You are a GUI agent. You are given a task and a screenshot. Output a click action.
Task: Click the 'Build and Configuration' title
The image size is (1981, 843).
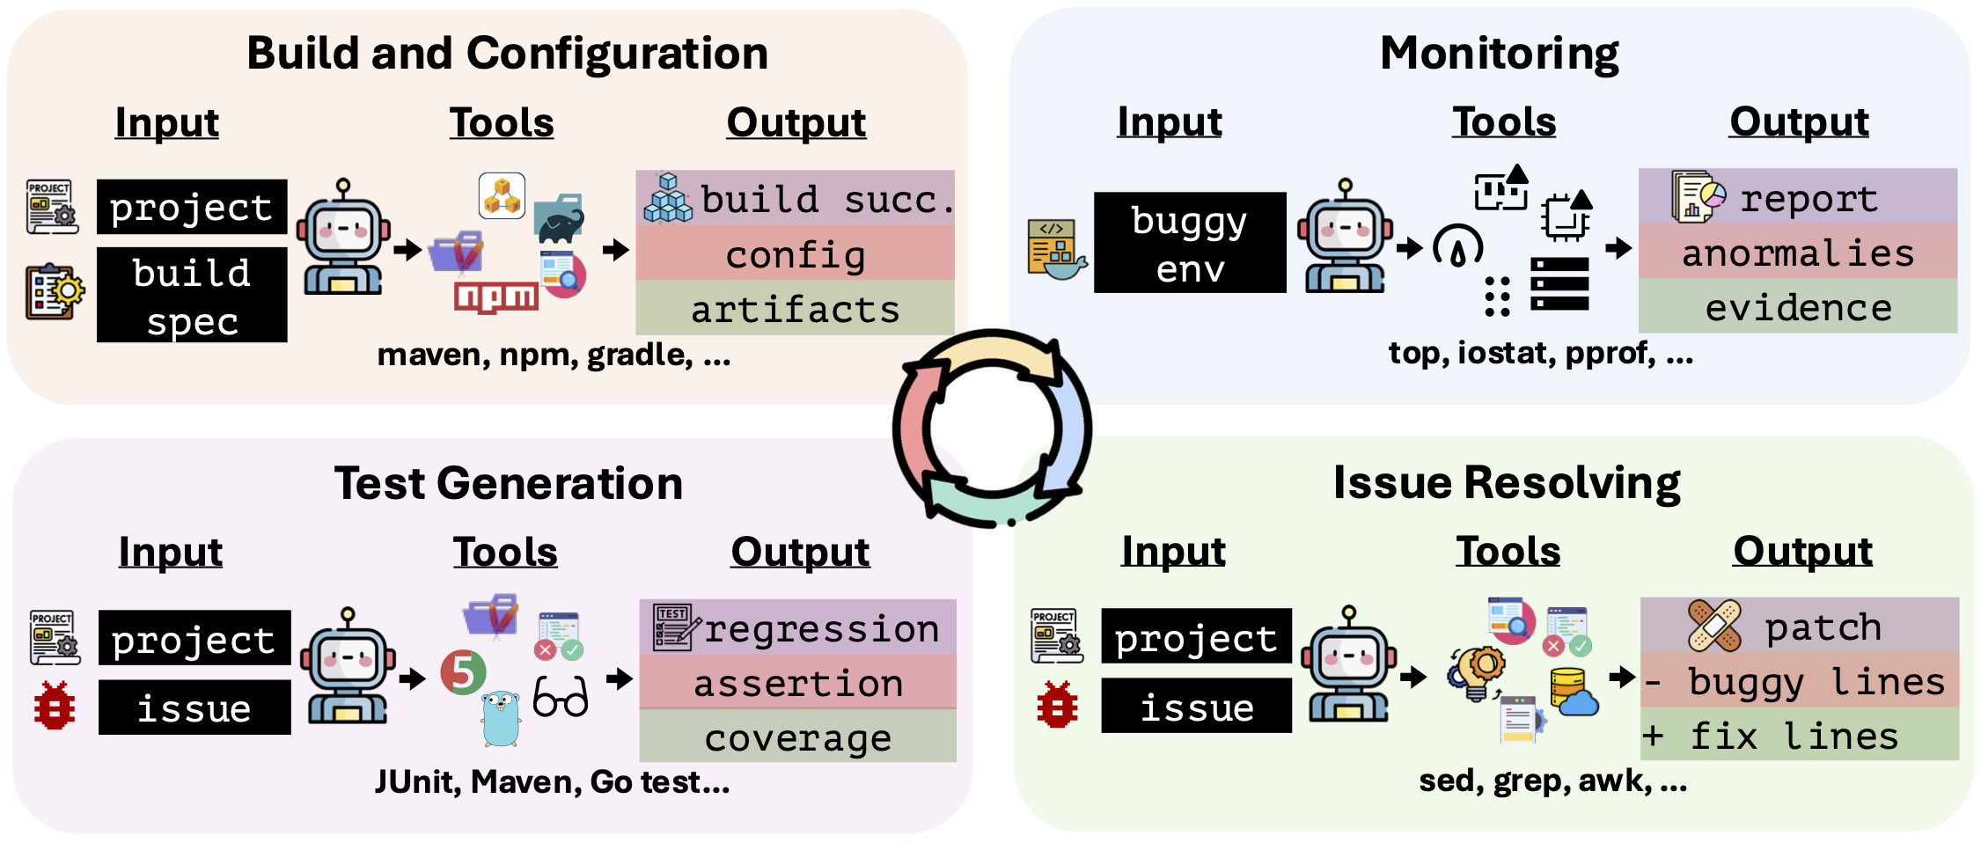[x=507, y=53]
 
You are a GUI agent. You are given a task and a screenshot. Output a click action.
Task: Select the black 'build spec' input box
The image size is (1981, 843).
[x=192, y=295]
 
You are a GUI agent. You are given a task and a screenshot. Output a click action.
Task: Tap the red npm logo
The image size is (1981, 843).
[x=495, y=297]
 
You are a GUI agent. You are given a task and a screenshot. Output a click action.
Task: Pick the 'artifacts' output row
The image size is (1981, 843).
[x=795, y=308]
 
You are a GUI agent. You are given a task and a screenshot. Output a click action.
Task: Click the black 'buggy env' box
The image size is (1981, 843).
[x=1190, y=243]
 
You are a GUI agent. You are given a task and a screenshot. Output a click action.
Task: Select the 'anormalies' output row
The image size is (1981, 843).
[x=1798, y=252]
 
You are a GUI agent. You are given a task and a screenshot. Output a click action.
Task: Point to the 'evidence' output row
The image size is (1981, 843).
[x=1798, y=306]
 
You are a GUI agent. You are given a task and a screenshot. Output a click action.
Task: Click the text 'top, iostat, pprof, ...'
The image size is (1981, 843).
[x=1541, y=353]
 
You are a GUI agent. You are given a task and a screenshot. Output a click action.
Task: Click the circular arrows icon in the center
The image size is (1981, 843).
[x=992, y=429]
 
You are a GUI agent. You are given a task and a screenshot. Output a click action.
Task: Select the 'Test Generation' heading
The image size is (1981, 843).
[x=509, y=483]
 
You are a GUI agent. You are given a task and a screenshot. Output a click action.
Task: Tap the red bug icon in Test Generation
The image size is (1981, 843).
[x=55, y=706]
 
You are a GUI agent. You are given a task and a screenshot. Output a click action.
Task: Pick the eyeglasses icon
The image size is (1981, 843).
[x=561, y=697]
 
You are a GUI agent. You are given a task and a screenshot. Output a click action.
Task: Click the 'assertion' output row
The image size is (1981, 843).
[x=797, y=682]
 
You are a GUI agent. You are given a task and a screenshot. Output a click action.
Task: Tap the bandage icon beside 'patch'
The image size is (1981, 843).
[x=1714, y=626]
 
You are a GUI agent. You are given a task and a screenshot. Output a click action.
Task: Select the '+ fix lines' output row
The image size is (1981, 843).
[x=1800, y=734]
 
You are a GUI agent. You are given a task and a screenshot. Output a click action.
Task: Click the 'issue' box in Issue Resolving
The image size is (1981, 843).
[x=1197, y=706]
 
